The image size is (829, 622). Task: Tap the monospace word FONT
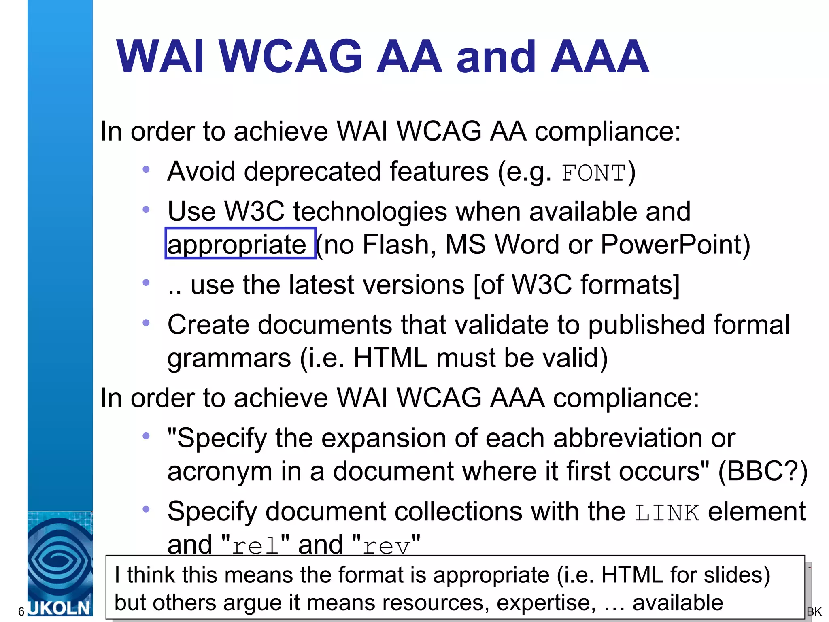click(593, 173)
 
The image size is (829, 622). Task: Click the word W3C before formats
click(542, 285)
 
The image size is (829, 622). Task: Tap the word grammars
click(229, 358)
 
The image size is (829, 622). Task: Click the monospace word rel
click(255, 546)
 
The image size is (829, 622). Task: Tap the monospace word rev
click(386, 546)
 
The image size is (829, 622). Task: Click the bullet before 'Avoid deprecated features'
click(146, 169)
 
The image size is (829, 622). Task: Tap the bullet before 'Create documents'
click(146, 322)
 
